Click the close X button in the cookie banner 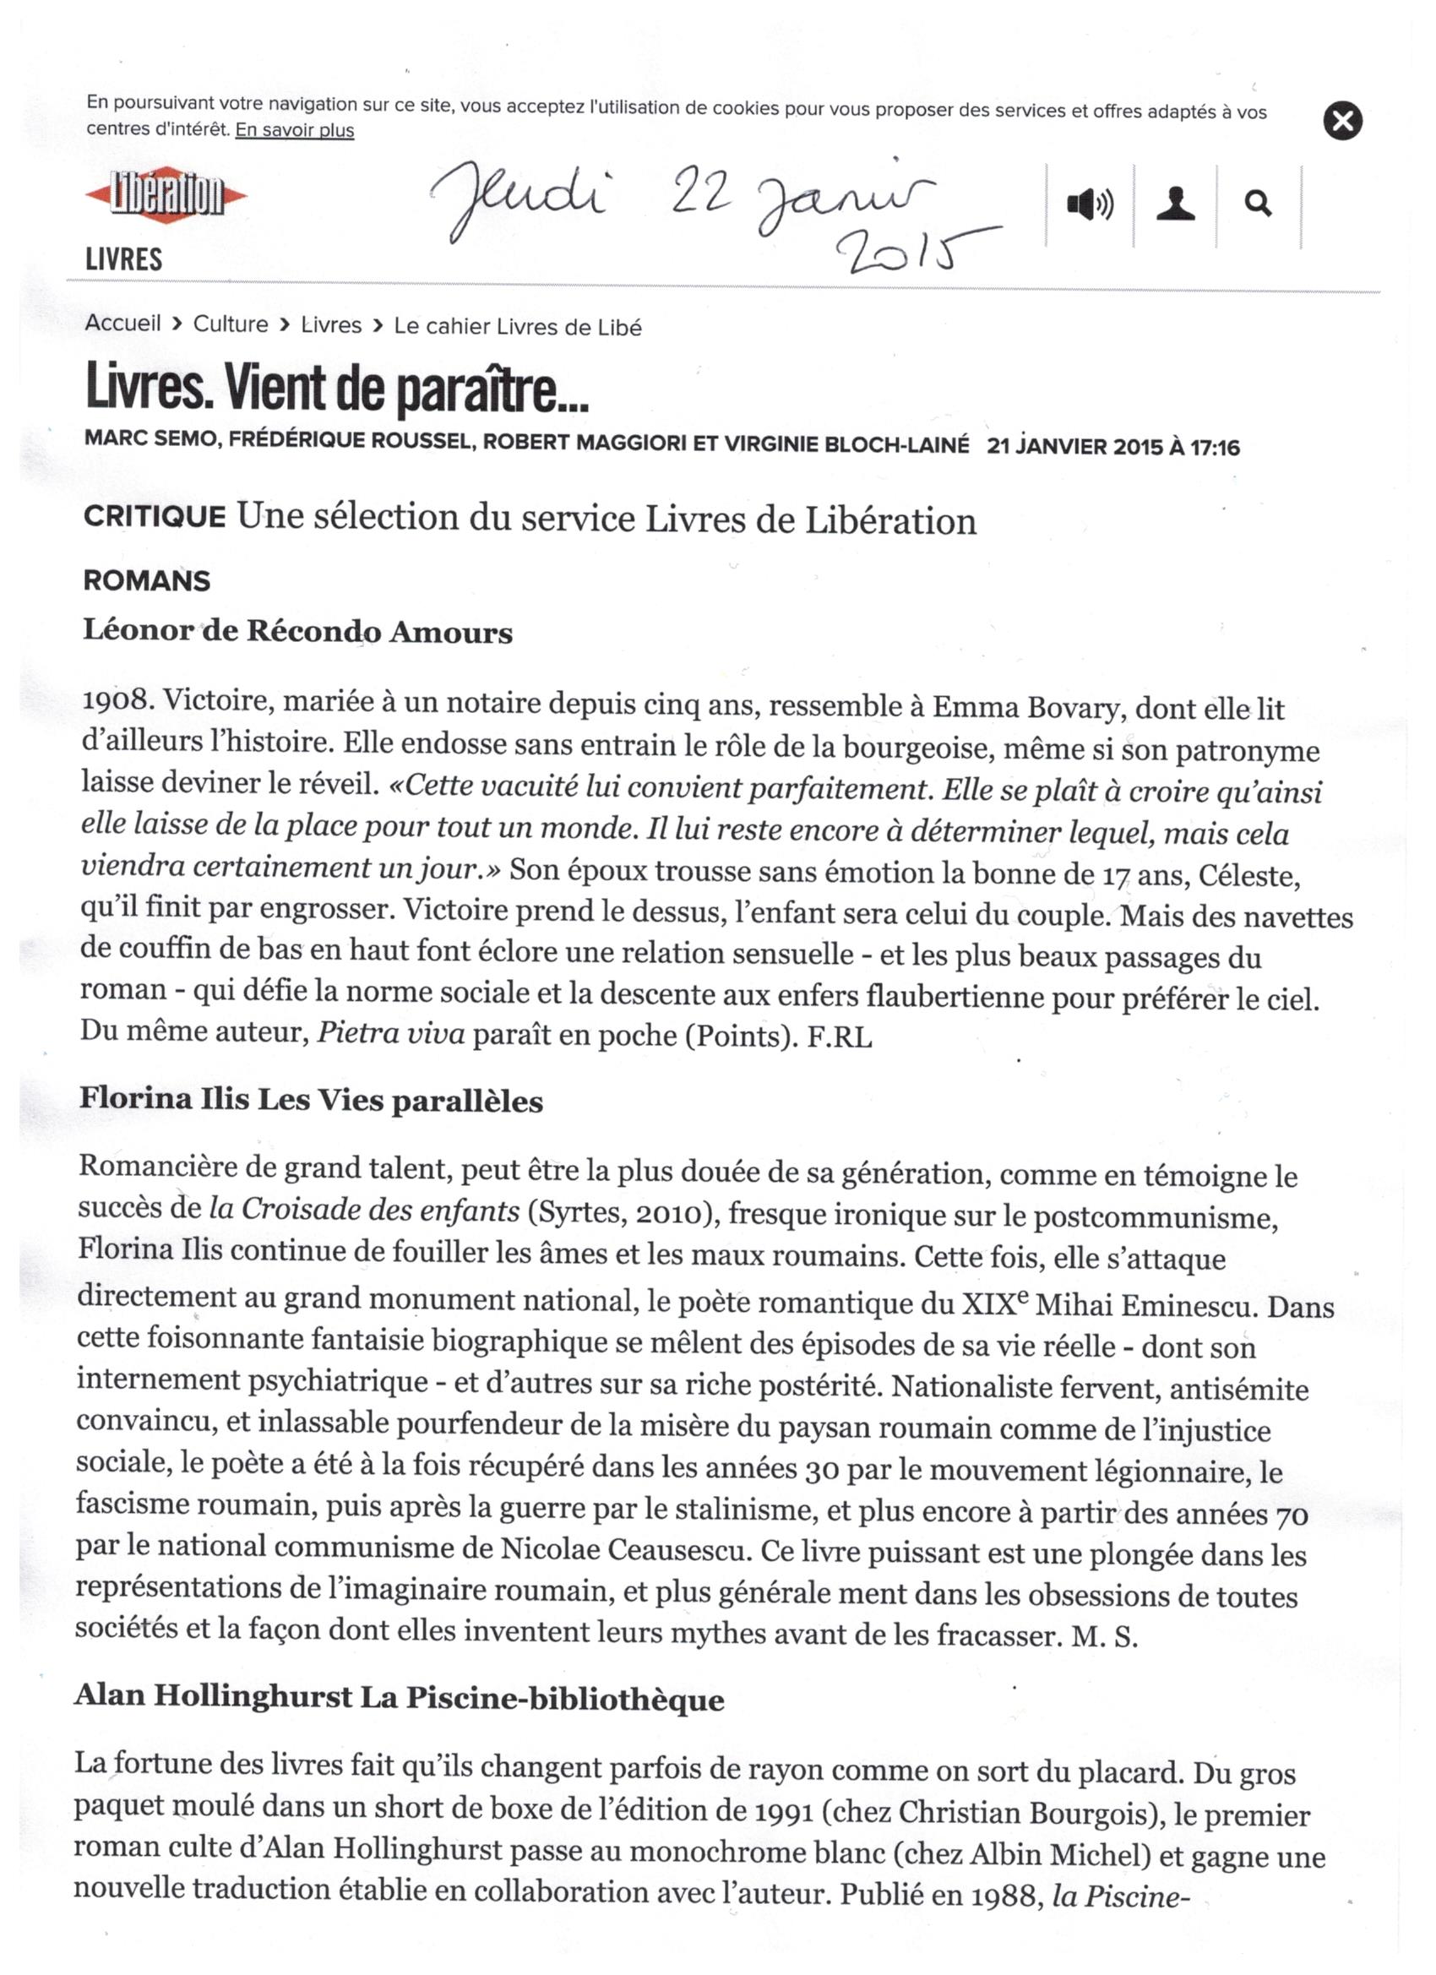point(1342,120)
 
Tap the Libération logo point(166,195)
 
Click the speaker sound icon point(1090,204)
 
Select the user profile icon point(1175,204)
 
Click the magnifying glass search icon point(1258,204)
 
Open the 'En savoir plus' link point(294,131)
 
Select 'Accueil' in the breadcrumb point(122,323)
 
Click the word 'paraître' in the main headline point(492,391)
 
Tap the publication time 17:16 point(1215,448)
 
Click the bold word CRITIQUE point(154,516)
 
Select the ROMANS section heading point(146,581)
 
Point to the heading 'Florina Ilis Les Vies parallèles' point(311,1100)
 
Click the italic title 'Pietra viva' point(391,1033)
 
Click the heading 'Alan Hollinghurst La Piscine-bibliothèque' point(399,1697)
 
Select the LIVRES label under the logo point(123,259)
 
